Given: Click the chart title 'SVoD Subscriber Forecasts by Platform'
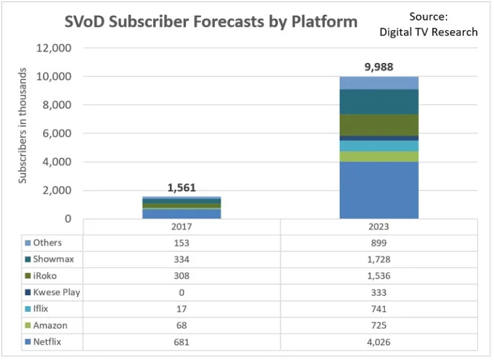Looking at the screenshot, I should coord(211,22).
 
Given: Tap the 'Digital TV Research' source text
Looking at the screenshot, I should coord(428,32).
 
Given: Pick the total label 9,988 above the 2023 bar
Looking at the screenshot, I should coord(380,67).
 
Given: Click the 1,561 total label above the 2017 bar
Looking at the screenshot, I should coord(182,188).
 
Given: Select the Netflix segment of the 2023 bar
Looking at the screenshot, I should coord(379,190).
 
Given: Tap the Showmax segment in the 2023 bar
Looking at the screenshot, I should coord(379,102).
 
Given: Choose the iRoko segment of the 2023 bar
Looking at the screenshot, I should coord(379,125).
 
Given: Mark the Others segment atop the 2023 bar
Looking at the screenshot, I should coord(379,82).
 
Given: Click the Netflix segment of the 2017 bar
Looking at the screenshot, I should coord(182,213).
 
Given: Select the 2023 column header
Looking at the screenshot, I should coord(379,227).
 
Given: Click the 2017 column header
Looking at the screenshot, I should coord(182,227).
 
